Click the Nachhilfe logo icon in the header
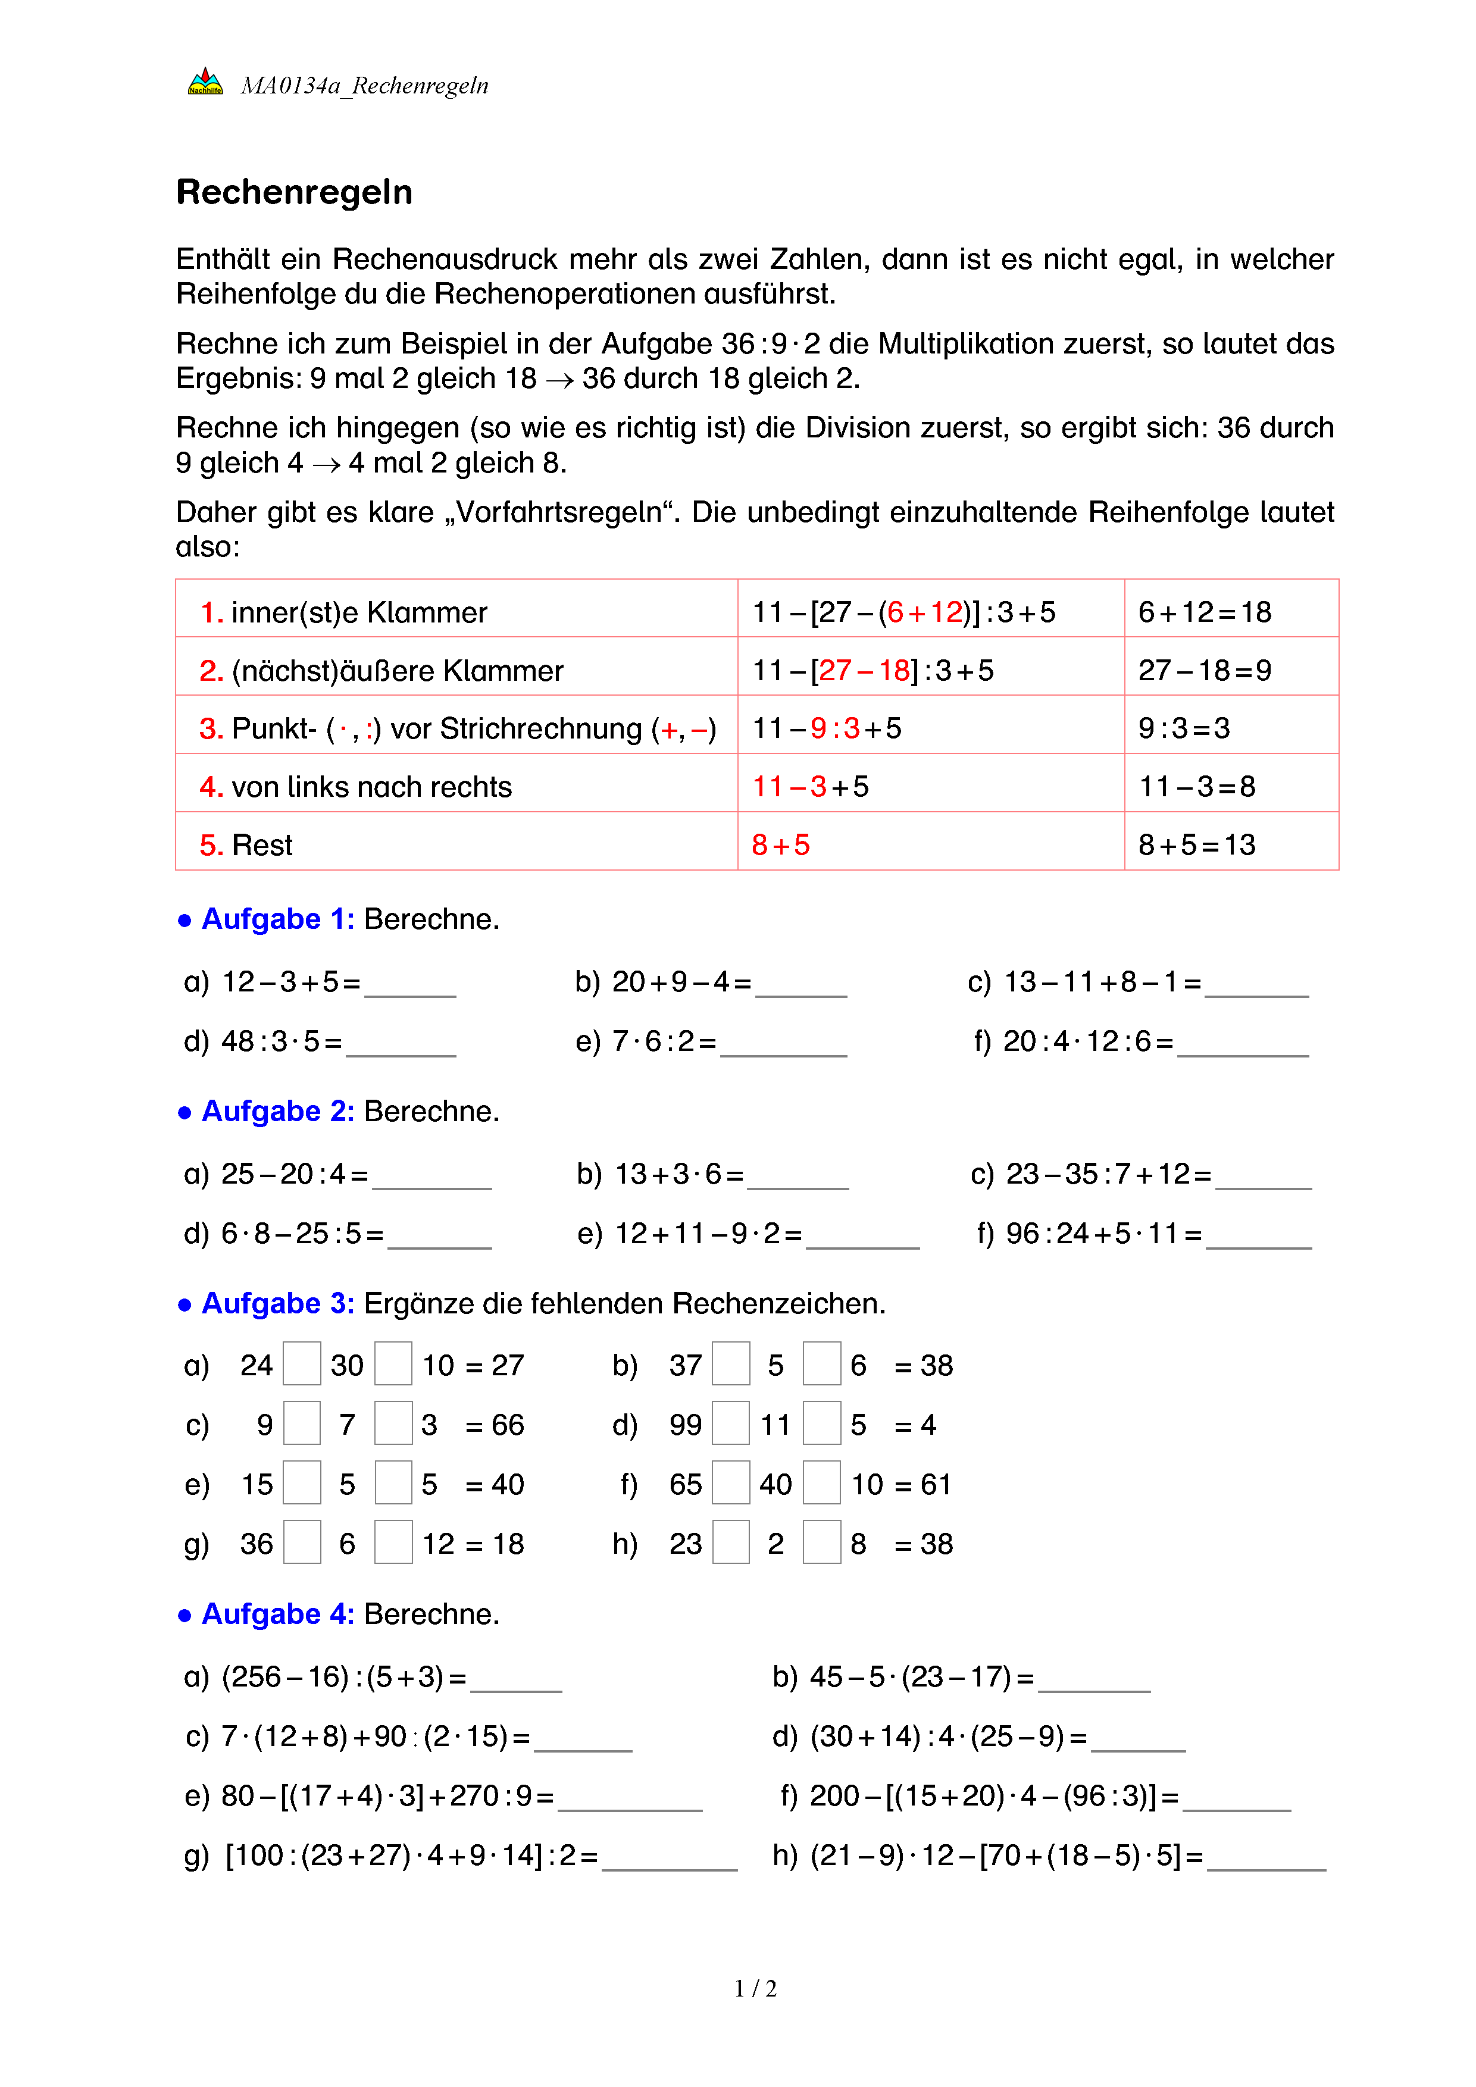pos(205,83)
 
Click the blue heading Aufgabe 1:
pos(277,919)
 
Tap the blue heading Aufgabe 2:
pos(277,1112)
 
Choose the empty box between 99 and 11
pos(731,1423)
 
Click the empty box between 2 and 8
pos(821,1542)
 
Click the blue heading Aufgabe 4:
pos(277,1614)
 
